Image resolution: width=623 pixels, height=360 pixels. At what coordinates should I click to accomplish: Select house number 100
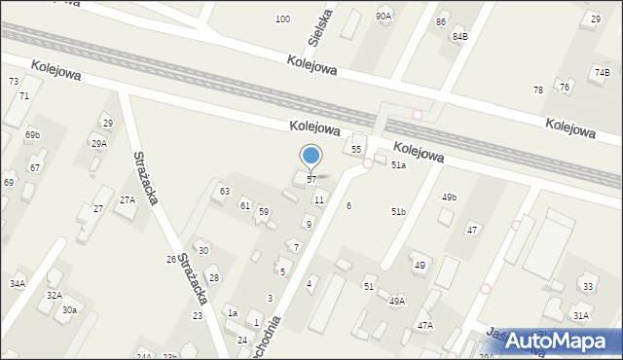pos(282,19)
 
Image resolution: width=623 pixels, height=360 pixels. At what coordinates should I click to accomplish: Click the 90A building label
pos(384,17)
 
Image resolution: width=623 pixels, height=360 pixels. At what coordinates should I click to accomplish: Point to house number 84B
pos(459,36)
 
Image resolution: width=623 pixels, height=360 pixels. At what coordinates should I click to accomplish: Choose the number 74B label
pos(603,72)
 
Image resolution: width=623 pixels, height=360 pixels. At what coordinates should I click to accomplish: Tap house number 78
pos(538,90)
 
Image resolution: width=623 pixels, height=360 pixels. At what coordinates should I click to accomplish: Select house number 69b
pos(33,134)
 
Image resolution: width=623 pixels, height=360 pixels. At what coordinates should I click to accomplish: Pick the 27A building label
pos(128,199)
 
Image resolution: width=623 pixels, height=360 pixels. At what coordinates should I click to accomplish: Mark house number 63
pos(225,191)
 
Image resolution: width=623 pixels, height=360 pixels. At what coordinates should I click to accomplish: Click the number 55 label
pos(356,149)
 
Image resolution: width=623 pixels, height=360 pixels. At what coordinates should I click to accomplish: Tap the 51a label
pos(398,166)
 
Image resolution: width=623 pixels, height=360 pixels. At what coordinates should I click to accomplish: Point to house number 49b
pos(449,198)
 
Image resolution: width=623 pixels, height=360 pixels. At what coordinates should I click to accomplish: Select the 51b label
pos(398,211)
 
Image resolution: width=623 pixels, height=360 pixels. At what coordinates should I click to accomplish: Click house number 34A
pos(18,283)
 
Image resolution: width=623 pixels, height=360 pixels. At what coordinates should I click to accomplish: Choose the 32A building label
pos(55,295)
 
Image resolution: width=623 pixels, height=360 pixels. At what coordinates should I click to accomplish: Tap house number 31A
pos(581,316)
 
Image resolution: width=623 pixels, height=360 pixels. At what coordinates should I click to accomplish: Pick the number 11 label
pos(319,199)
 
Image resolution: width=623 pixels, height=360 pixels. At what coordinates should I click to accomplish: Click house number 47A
pos(425,325)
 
